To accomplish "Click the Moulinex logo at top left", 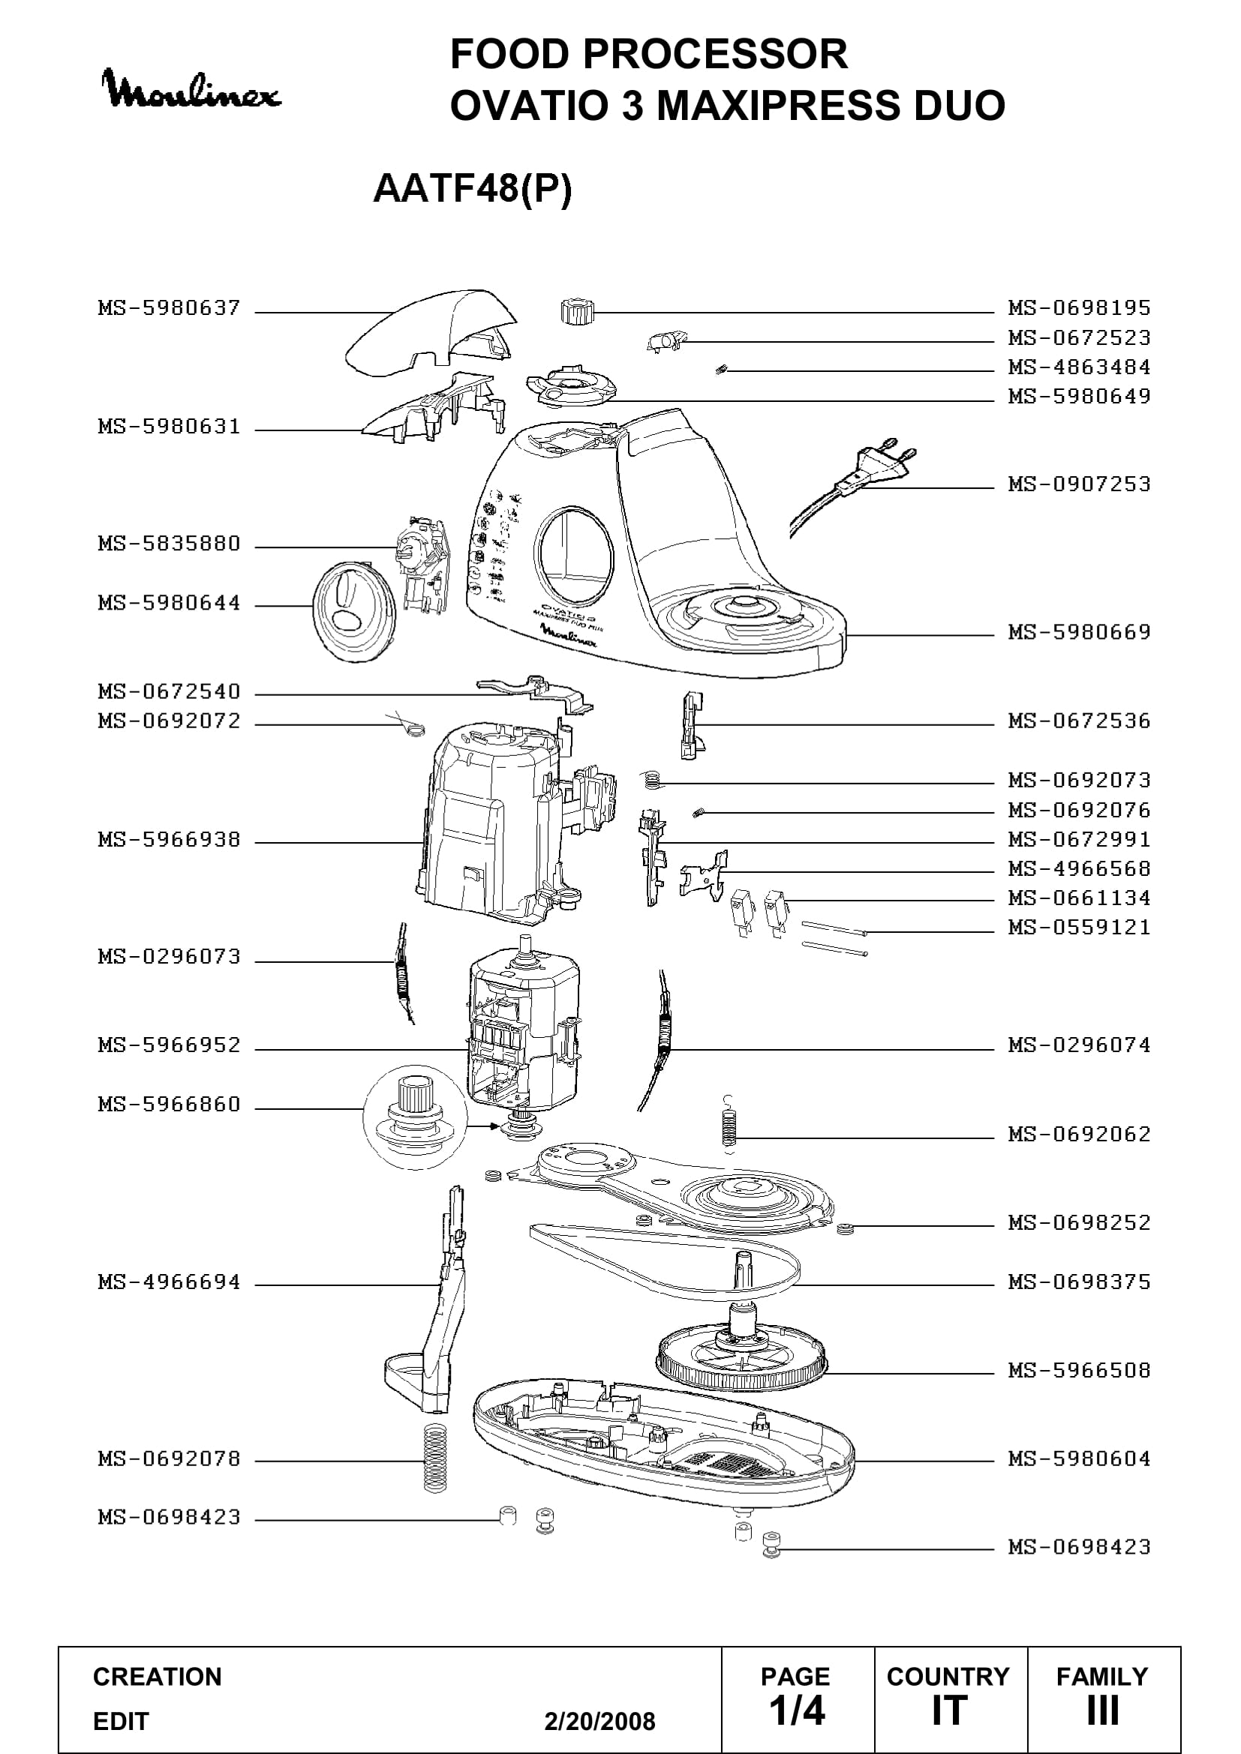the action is click(191, 89).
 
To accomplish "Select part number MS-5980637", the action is click(170, 309).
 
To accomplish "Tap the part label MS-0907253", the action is click(1079, 484).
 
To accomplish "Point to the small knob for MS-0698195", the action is click(575, 311).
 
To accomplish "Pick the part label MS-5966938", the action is click(170, 841).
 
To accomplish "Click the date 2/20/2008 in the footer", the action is click(600, 1722).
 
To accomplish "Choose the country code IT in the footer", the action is click(949, 1711).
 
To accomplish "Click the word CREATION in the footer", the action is click(158, 1677).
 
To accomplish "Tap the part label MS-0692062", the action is click(1079, 1135).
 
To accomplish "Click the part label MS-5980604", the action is click(1079, 1459).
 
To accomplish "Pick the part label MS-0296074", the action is click(1079, 1045).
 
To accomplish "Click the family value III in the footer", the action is click(1103, 1711).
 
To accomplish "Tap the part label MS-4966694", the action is click(170, 1282).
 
